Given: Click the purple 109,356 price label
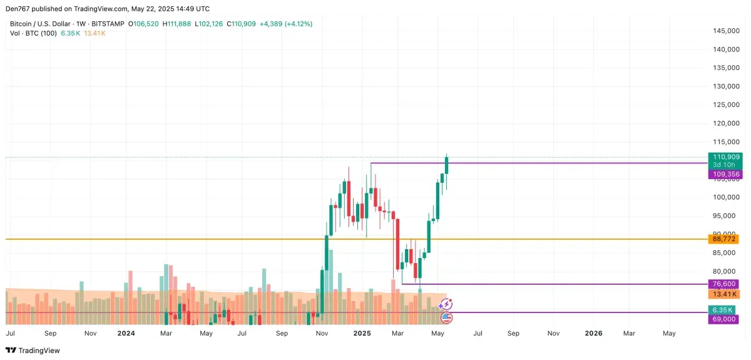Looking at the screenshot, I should click(x=723, y=174).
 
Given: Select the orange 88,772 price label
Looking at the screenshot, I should click(x=723, y=239).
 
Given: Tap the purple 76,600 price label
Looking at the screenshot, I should click(x=723, y=284).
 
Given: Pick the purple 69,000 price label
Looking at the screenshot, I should click(x=723, y=319).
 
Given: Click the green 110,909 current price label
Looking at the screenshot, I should click(x=723, y=157).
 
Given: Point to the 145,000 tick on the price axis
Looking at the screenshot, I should click(x=725, y=31).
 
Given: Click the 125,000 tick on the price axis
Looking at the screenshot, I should click(x=725, y=105).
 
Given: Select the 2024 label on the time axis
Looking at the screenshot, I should click(x=126, y=334).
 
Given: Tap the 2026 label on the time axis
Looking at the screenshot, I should click(x=593, y=334).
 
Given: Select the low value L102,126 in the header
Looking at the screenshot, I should click(x=210, y=24).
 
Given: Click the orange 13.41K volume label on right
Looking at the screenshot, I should click(x=723, y=294).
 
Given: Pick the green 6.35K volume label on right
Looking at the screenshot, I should click(x=723, y=310).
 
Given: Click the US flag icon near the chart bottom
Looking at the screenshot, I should click(x=447, y=317).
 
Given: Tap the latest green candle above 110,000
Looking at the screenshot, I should click(x=447, y=164).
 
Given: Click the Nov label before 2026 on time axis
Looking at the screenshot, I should click(x=553, y=334).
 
